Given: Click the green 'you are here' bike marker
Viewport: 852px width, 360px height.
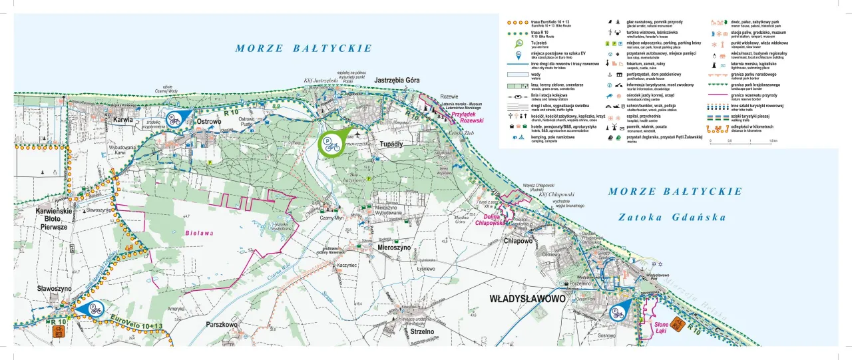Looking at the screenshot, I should pyautogui.click(x=330, y=142).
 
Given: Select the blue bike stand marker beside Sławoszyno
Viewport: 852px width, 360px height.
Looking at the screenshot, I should pyautogui.click(x=92, y=309).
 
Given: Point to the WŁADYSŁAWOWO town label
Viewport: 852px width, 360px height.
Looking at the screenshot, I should pyautogui.click(x=527, y=299).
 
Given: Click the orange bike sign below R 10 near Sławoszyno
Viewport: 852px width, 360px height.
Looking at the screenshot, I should pyautogui.click(x=59, y=333).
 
